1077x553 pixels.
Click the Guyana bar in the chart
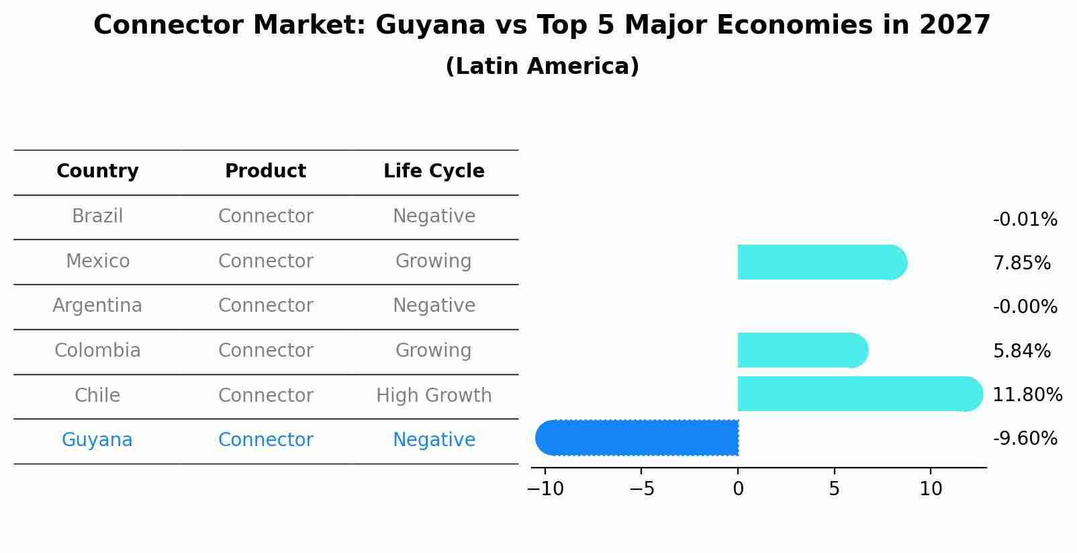tap(638, 437)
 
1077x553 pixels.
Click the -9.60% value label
tap(1025, 439)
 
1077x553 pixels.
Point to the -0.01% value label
tap(1025, 220)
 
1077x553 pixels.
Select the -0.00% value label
tap(1025, 307)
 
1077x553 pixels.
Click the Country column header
tap(97, 171)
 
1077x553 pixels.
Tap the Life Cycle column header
tap(434, 171)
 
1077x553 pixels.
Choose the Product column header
tap(265, 171)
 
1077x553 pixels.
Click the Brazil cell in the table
tap(97, 216)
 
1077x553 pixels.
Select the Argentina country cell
tap(97, 306)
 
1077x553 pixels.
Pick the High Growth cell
tap(434, 396)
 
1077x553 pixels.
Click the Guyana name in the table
tap(97, 440)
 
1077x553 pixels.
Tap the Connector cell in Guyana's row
tap(265, 440)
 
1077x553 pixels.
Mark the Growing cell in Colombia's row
tap(434, 351)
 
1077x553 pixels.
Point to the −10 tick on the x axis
tap(545, 489)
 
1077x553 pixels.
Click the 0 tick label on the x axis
tap(738, 489)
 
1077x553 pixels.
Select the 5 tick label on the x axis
tap(834, 489)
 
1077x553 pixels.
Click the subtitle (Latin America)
tap(542, 67)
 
